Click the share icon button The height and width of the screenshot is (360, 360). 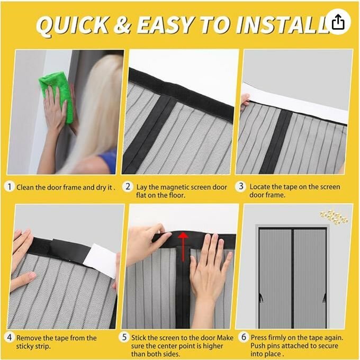(x=339, y=22)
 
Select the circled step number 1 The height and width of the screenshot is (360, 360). (x=10, y=187)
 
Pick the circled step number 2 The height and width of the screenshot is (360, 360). (x=127, y=187)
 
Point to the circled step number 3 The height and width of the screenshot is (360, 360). (x=242, y=187)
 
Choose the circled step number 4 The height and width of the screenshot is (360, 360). (x=10, y=338)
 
